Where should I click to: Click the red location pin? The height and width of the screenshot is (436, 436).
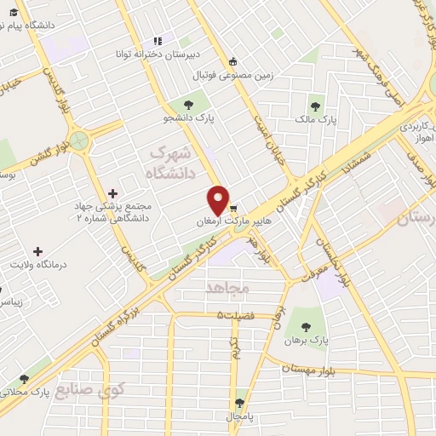click(219, 199)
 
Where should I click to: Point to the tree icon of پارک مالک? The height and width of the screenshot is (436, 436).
click(316, 106)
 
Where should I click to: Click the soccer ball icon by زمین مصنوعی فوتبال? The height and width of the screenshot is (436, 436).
click(233, 60)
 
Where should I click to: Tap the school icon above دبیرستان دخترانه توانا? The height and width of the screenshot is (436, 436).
click(157, 40)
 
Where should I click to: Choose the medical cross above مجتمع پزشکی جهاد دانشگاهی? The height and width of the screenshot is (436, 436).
click(113, 193)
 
